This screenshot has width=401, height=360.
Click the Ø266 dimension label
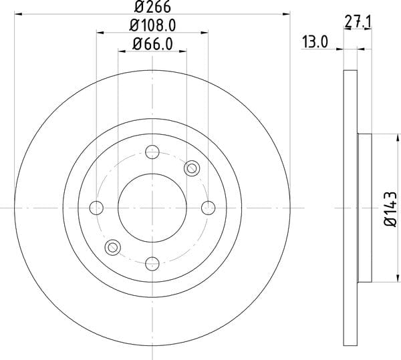[152, 7]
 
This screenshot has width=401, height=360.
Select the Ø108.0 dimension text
[152, 25]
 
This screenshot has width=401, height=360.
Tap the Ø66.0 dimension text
[152, 44]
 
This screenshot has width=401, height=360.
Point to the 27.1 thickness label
[358, 21]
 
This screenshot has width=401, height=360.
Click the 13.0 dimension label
[315, 42]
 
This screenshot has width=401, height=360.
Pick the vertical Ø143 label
[391, 209]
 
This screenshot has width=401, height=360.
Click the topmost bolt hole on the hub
[152, 152]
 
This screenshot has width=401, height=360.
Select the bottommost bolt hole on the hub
[152, 264]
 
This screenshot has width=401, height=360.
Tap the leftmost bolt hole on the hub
[96, 208]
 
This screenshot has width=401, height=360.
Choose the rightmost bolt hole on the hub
[208, 208]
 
